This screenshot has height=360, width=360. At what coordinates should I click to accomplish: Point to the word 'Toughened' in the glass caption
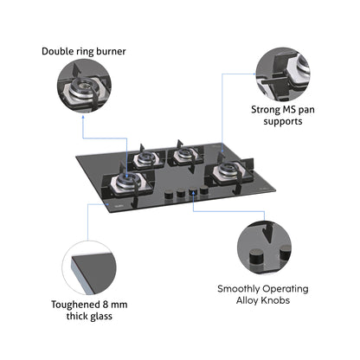coord(72,304)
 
